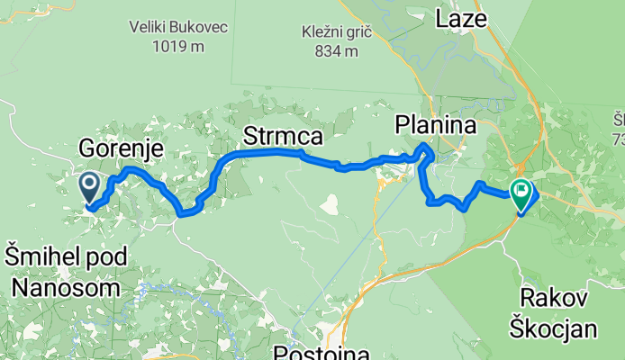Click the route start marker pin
click(x=90, y=187)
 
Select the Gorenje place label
click(x=121, y=148)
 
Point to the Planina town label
click(x=436, y=128)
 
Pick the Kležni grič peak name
click(x=338, y=33)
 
